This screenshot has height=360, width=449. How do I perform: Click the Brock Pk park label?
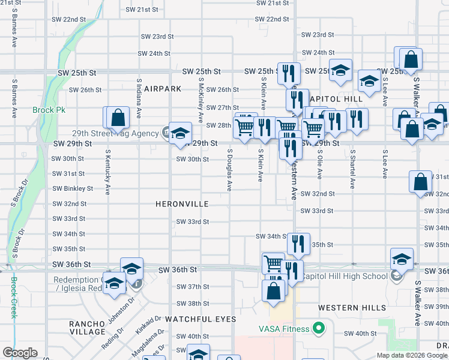pyautogui.click(x=49, y=110)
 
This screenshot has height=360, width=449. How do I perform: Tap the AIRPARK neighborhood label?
pyautogui.click(x=162, y=88)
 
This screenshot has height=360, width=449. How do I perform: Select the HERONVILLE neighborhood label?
pyautogui.click(x=182, y=204)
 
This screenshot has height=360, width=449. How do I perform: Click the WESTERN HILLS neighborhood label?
pyautogui.click(x=352, y=308)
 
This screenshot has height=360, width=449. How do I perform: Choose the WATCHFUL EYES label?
pyautogui.click(x=200, y=319)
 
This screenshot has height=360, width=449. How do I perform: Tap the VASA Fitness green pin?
pyautogui.click(x=319, y=328)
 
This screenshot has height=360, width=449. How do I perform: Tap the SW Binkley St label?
pyautogui.click(x=73, y=188)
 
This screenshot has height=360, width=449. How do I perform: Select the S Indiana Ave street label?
pyautogui.click(x=139, y=97)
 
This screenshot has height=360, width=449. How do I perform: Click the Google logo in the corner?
pyautogui.click(x=20, y=353)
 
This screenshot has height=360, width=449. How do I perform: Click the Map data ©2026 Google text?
pyautogui.click(x=411, y=355)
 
